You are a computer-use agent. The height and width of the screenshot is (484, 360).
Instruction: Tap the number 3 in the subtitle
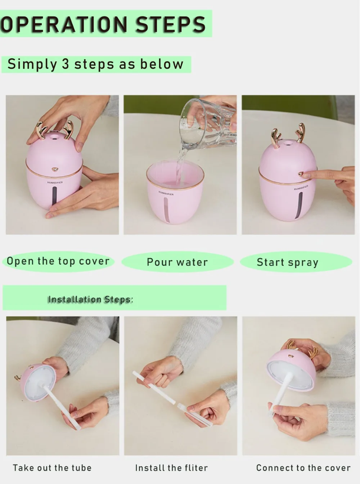tap(66, 64)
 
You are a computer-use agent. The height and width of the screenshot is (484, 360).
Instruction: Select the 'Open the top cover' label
tap(58, 261)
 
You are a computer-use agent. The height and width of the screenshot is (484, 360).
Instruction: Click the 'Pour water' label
tap(177, 262)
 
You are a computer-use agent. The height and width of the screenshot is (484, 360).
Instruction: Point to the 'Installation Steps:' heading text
tap(90, 299)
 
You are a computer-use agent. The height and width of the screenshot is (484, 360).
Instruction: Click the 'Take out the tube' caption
tap(52, 468)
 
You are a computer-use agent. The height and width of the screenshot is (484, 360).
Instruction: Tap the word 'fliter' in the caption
tap(193, 468)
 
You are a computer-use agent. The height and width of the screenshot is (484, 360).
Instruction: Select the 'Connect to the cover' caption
tap(303, 468)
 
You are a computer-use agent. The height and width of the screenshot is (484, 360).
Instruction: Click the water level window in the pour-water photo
tap(167, 210)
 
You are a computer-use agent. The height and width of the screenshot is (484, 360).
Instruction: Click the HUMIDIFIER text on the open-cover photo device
tap(55, 182)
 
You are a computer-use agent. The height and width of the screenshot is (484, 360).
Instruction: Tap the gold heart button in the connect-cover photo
tap(291, 356)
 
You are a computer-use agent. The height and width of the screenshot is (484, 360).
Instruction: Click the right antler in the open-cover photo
tap(68, 130)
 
